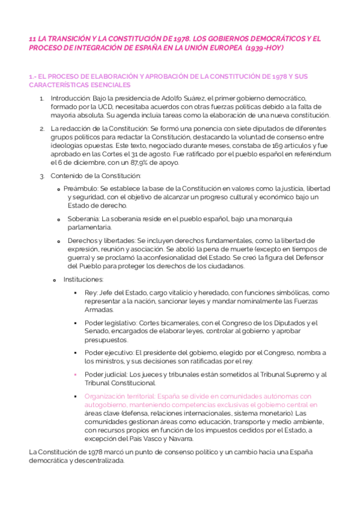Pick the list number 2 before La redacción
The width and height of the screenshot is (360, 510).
42,128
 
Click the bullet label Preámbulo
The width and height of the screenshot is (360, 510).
81,188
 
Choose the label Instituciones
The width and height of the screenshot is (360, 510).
83,279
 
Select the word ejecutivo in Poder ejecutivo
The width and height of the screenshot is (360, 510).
117,352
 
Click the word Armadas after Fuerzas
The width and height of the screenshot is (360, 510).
99,309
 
